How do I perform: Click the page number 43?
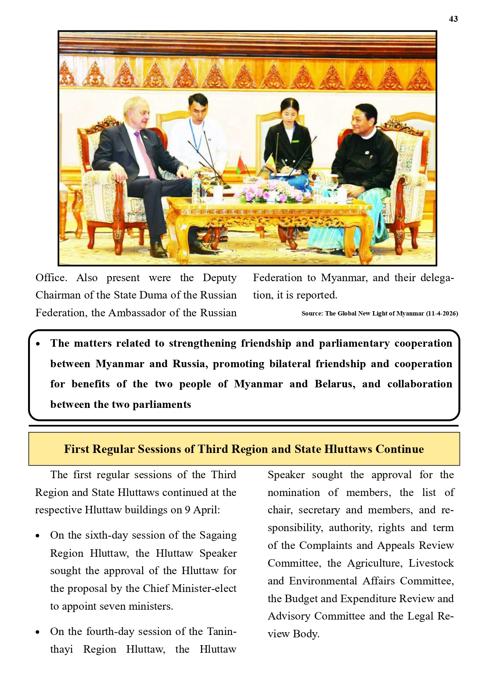point(453,19)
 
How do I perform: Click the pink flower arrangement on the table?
point(267,190)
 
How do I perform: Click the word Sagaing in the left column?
point(218,535)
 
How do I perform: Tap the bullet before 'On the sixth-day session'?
point(38,536)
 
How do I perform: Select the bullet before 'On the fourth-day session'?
point(38,632)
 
